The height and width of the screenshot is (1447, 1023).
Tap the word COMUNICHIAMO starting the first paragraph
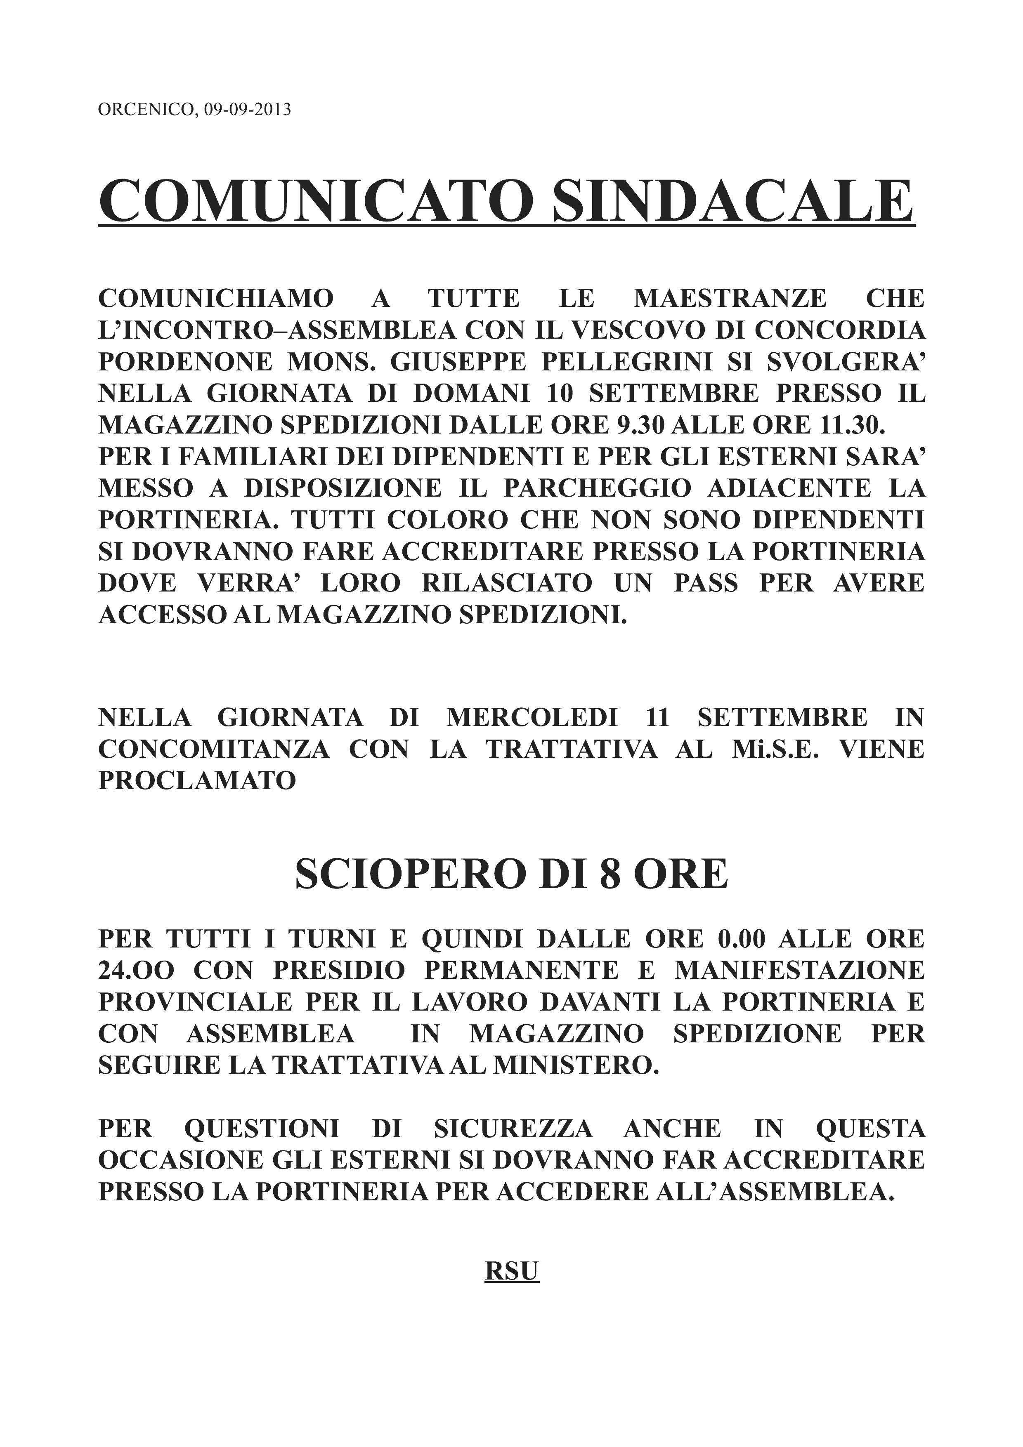[215, 298]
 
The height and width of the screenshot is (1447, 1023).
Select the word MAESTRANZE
[730, 298]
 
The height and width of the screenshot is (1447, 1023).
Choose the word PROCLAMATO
[197, 780]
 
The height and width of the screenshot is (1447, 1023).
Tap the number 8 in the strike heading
[608, 875]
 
